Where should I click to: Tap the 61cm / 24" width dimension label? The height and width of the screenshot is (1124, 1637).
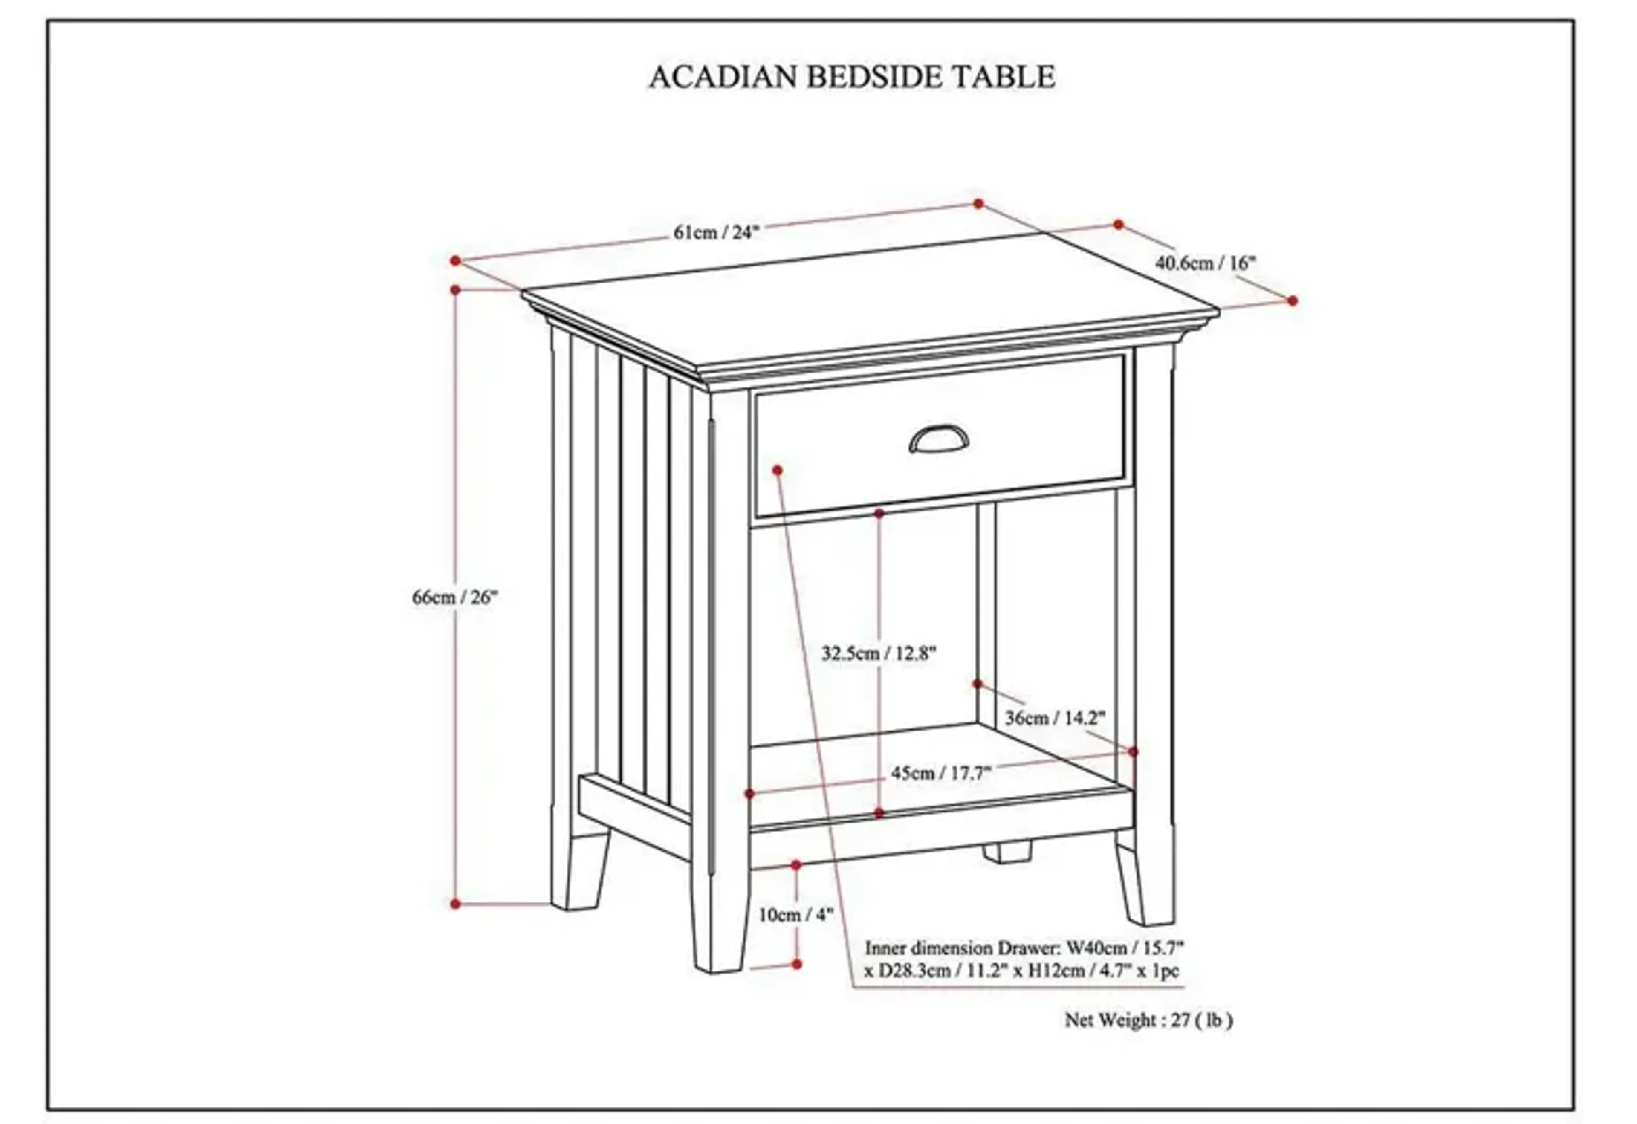click(716, 232)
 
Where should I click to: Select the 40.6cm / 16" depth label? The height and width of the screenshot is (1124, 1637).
click(1205, 263)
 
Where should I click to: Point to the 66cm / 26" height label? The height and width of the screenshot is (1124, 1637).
click(454, 597)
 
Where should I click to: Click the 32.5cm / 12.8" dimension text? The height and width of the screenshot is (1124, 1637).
click(878, 653)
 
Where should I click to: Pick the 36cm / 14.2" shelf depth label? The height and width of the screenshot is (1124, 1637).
click(1055, 718)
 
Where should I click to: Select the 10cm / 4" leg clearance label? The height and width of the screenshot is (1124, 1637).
click(795, 915)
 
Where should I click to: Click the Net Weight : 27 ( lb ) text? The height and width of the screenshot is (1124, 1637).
click(1148, 1020)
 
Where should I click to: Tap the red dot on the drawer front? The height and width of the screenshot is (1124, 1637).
click(778, 470)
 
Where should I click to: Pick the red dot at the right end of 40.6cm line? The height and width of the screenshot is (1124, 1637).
click(1292, 301)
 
